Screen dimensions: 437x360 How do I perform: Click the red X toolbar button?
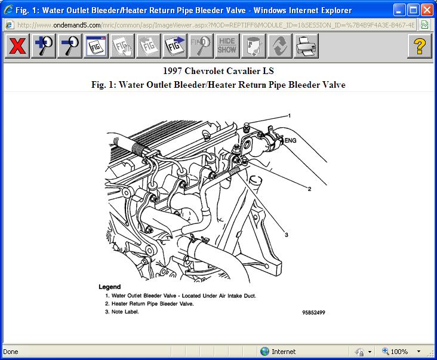coord(17,46)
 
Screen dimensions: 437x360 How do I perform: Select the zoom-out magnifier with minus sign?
coord(70,46)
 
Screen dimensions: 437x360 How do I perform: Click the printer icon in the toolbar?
coord(305,46)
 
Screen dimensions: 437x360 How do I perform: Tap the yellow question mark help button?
coord(420,46)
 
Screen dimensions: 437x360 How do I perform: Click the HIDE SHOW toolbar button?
coord(226,46)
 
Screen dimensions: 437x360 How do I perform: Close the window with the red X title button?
coord(426,10)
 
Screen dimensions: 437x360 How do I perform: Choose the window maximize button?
coord(412,10)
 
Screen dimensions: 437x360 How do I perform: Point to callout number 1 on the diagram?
coord(290,115)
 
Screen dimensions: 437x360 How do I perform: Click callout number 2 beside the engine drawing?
coord(309,189)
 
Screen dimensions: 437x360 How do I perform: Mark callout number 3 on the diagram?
coord(287,235)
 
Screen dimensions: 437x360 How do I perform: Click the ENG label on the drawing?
coord(290,141)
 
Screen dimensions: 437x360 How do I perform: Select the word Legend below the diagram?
coord(110,287)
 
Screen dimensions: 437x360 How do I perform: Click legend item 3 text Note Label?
coord(125,312)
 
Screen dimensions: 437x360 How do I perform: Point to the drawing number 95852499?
coord(313,312)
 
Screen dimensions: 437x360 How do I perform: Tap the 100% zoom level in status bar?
coord(399,352)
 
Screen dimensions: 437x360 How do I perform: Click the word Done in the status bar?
coord(11,352)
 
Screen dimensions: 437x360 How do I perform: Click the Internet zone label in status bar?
coord(284,352)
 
